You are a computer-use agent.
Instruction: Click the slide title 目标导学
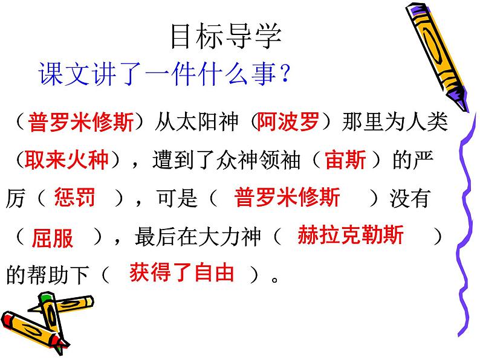pos(226,37)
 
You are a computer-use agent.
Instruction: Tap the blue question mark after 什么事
pos(285,73)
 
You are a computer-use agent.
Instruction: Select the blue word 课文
pos(64,74)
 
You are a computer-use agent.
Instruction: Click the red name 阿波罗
pos(288,121)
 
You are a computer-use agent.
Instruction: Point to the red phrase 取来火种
pos(66,159)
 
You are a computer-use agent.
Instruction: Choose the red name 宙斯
pos(346,159)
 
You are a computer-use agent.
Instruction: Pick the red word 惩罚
pos(75,198)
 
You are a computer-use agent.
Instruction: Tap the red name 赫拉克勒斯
pos(351,235)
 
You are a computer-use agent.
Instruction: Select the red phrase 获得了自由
pos(182,272)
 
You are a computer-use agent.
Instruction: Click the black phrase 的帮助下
pos(48,274)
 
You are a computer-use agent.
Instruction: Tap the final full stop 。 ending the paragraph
pos(274,279)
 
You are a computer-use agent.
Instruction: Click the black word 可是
pos(177,198)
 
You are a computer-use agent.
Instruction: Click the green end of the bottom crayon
pos(46,297)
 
